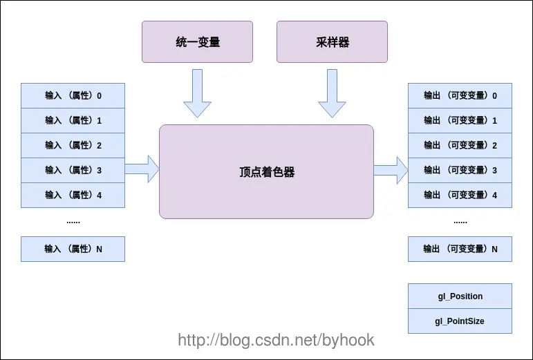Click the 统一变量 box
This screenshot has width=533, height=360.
197,41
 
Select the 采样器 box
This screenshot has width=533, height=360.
332,41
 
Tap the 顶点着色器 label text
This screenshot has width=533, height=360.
267,172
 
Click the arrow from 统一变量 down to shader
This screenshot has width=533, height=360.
197,93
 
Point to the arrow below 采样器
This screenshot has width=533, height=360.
332,93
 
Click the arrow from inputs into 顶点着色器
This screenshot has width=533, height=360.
142,169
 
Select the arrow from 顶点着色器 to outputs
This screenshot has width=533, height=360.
391,170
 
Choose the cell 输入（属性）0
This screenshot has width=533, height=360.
73,96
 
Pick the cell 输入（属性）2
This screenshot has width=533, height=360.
73,145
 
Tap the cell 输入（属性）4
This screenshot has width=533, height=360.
73,196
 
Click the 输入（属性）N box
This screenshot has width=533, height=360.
73,249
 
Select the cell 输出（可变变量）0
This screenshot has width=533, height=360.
460,96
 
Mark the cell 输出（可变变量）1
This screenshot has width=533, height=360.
460,120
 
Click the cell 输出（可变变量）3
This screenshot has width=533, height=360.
460,170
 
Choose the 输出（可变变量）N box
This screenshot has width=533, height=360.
460,249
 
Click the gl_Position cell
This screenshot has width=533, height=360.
460,296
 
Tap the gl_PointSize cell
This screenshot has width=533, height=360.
460,321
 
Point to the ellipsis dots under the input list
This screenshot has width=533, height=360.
73,222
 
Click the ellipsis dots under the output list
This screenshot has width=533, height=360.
460,222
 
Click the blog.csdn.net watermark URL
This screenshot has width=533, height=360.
276,340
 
